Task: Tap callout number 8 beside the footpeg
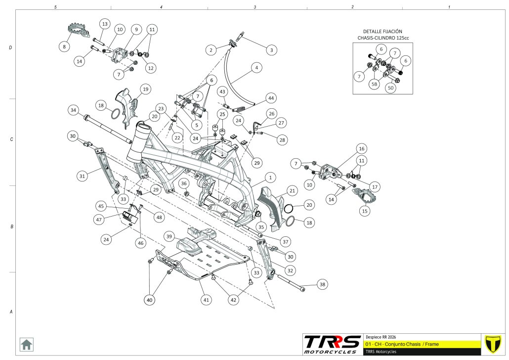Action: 64,46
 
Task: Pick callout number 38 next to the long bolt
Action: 322,284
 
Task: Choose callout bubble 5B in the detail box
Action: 375,85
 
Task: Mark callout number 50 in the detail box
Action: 391,88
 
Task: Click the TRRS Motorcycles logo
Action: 332,344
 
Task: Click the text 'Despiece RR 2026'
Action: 381,336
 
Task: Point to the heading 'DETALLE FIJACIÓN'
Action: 383,31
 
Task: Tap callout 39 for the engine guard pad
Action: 170,237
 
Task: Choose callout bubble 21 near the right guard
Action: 292,191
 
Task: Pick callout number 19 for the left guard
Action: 145,89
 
